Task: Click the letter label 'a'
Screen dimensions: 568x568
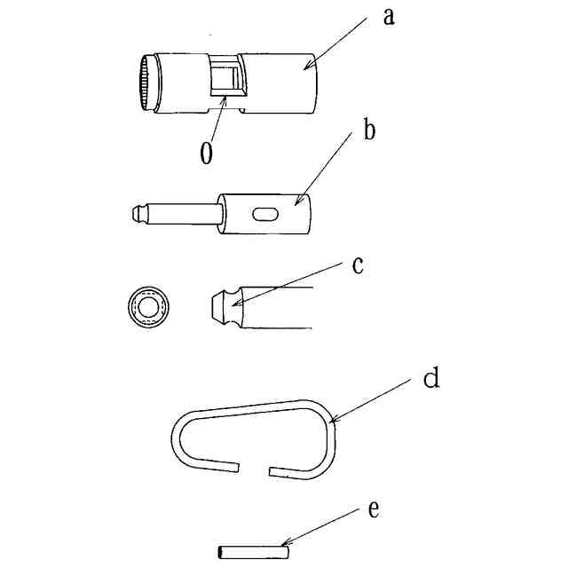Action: pyautogui.click(x=388, y=17)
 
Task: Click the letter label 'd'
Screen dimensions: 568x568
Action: pyautogui.click(x=430, y=380)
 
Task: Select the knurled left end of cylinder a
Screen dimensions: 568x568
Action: pyautogui.click(x=145, y=84)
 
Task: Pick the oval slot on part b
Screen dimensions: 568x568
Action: pyautogui.click(x=265, y=213)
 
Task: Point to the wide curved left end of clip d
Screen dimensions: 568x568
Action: pyautogui.click(x=179, y=440)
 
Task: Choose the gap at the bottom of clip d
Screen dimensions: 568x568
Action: pyautogui.click(x=255, y=467)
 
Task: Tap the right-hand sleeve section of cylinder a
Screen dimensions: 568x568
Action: pyautogui.click(x=280, y=83)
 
